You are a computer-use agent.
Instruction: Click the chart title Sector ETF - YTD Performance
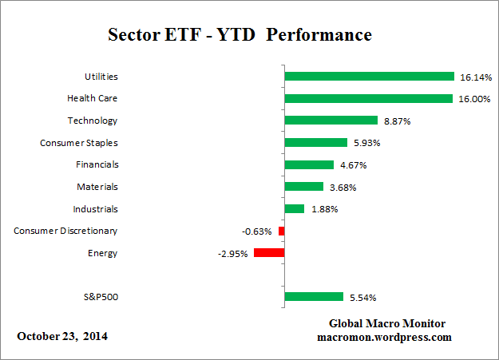(240, 36)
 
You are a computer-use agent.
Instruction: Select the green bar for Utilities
(369, 77)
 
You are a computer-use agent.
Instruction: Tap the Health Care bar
(368, 99)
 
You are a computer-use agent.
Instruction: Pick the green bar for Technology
(331, 121)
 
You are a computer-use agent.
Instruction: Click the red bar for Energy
(269, 253)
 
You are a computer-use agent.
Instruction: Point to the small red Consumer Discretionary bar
(281, 231)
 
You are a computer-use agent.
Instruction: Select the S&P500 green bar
(313, 297)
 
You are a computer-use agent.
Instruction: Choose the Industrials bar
(294, 209)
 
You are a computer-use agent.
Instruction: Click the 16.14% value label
(475, 77)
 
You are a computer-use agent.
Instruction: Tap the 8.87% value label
(398, 121)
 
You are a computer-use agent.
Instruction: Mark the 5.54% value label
(363, 298)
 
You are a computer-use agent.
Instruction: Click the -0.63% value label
(256, 231)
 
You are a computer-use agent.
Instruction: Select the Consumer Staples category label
(78, 143)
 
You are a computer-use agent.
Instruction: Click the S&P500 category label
(98, 297)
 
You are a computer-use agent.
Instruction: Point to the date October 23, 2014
(62, 336)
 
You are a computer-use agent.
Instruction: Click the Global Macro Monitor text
(387, 323)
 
